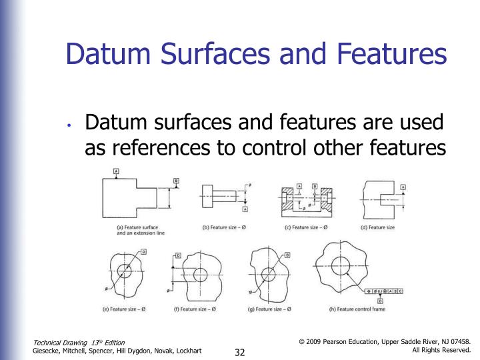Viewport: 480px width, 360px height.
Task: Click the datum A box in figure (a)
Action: point(117,172)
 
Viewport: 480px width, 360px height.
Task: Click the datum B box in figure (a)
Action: point(176,181)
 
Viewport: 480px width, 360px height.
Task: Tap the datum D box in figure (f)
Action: point(178,256)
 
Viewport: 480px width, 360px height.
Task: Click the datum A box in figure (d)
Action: point(403,188)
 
